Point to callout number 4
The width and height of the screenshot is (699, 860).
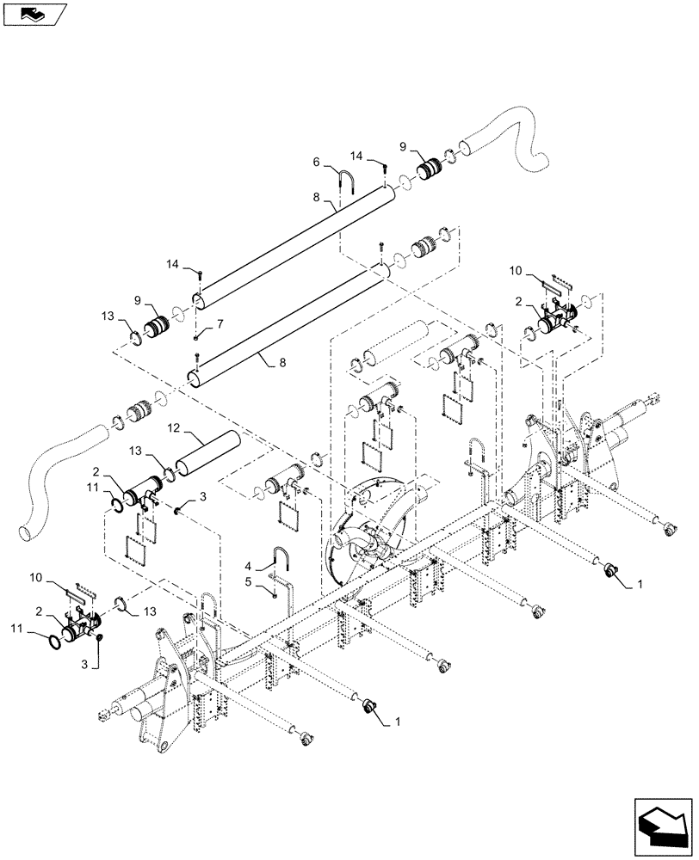point(249,566)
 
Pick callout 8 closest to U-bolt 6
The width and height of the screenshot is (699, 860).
point(317,197)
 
